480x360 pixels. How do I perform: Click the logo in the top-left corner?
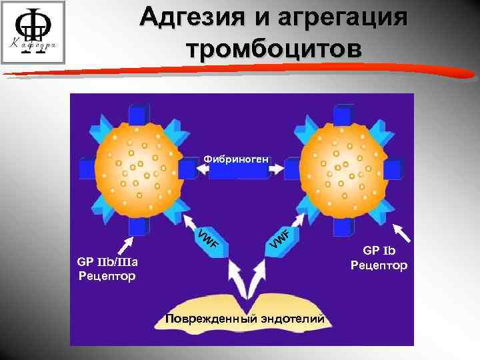[x=33, y=33]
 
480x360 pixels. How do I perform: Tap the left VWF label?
[x=208, y=239]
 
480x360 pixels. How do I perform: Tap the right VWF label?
[x=279, y=240]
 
